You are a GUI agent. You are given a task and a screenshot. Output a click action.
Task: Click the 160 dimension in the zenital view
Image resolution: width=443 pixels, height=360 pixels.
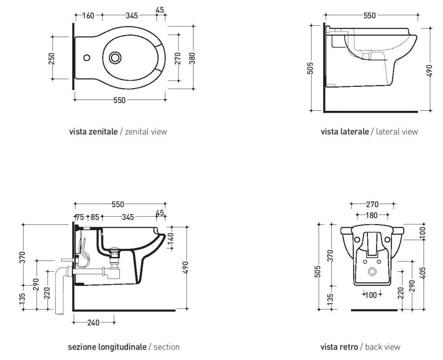(89, 16)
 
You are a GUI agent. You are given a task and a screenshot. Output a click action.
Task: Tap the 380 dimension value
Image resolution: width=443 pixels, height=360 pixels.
(192, 58)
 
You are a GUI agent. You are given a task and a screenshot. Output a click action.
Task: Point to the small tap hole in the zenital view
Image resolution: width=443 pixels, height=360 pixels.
(87, 57)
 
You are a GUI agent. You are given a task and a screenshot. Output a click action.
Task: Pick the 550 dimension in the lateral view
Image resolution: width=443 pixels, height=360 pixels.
(369, 16)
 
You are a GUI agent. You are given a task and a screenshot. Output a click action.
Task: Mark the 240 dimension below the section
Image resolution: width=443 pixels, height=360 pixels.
(94, 323)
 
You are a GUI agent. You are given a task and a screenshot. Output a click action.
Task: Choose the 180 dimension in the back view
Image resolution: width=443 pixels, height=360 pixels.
(372, 215)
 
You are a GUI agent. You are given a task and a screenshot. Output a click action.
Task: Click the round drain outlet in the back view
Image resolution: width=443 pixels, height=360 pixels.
(373, 272)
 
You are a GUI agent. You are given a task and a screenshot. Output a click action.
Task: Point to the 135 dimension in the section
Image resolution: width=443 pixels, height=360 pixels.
(23, 299)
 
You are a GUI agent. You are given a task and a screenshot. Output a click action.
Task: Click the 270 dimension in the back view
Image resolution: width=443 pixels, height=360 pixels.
(372, 205)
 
